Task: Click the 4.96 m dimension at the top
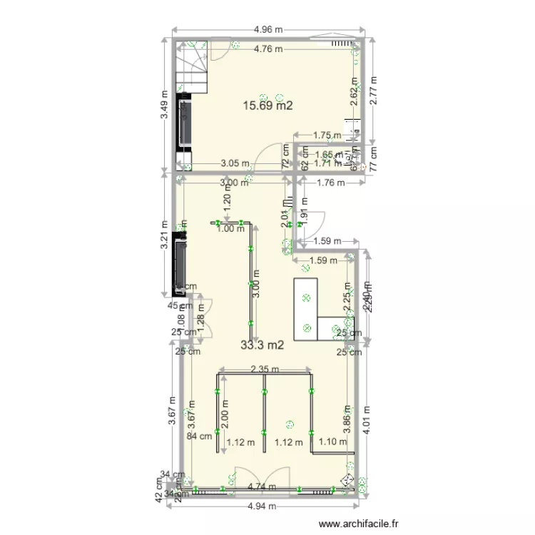(x=268, y=30)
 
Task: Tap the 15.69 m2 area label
(x=269, y=106)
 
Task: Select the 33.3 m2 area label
(x=263, y=345)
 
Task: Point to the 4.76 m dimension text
(x=268, y=49)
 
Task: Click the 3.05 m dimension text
(x=235, y=163)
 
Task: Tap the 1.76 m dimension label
(x=330, y=183)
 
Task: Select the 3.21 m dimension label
(x=164, y=234)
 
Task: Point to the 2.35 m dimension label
(x=264, y=370)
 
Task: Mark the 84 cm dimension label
(x=199, y=437)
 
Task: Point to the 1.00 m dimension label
(x=230, y=228)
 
